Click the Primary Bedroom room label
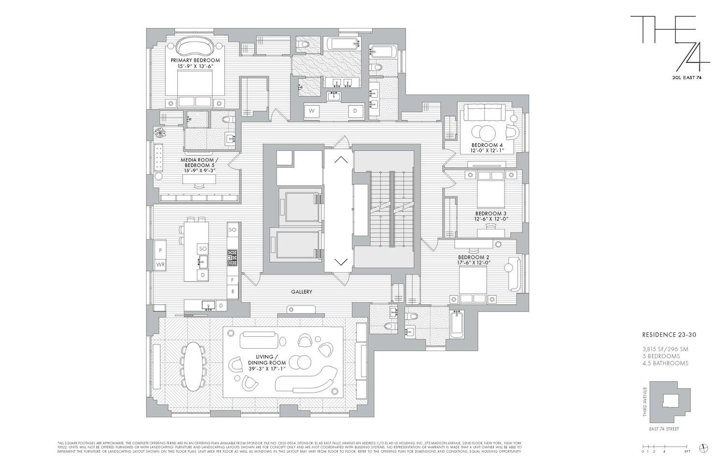[195, 60]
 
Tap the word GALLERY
[301, 292]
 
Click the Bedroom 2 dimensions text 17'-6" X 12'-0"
[475, 263]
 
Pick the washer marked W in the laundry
[312, 111]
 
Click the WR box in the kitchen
[159, 264]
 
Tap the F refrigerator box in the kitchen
[233, 280]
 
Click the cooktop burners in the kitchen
[232, 258]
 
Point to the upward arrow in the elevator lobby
[341, 159]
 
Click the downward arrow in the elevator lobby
[341, 262]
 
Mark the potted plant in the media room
[159, 132]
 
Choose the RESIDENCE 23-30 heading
[668, 334]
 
